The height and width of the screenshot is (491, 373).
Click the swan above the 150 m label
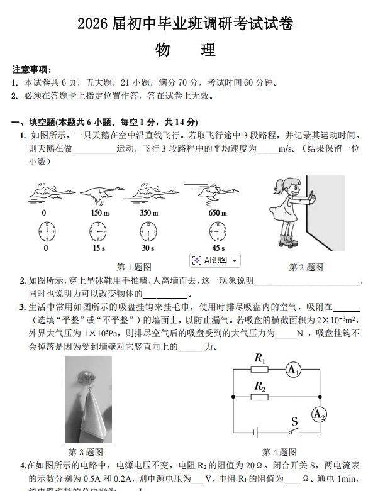click(x=98, y=193)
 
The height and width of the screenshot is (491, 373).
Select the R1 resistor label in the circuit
click(x=259, y=358)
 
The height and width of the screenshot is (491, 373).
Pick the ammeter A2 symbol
click(x=320, y=413)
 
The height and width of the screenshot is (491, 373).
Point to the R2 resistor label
click(x=259, y=385)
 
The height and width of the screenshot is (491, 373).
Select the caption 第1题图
click(x=134, y=267)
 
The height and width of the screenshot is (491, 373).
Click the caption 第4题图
click(x=279, y=451)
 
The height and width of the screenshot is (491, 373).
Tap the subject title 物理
click(x=186, y=50)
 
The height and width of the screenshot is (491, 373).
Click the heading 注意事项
click(x=32, y=69)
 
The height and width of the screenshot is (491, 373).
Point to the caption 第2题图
click(x=306, y=267)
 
